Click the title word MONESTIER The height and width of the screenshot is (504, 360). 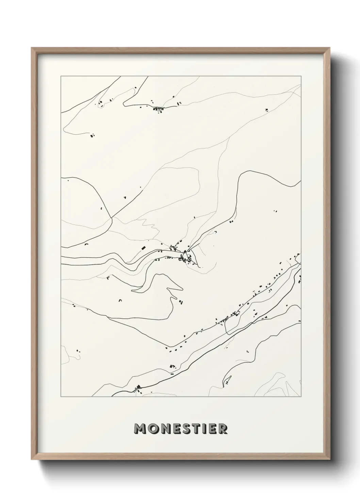coord(180,428)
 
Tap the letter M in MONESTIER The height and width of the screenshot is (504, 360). coord(141,429)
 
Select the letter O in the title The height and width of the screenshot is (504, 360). coord(152,429)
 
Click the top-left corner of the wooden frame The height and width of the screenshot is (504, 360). coord(32,48)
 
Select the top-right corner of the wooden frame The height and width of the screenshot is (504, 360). coord(330,48)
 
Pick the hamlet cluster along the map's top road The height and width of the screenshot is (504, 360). coord(158,109)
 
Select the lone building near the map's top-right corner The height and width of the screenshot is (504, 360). coord(266,110)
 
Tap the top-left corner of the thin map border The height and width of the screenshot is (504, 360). coord(61,76)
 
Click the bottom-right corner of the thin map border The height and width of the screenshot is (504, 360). coord(301,397)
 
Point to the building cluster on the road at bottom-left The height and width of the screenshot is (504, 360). coord(138,388)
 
